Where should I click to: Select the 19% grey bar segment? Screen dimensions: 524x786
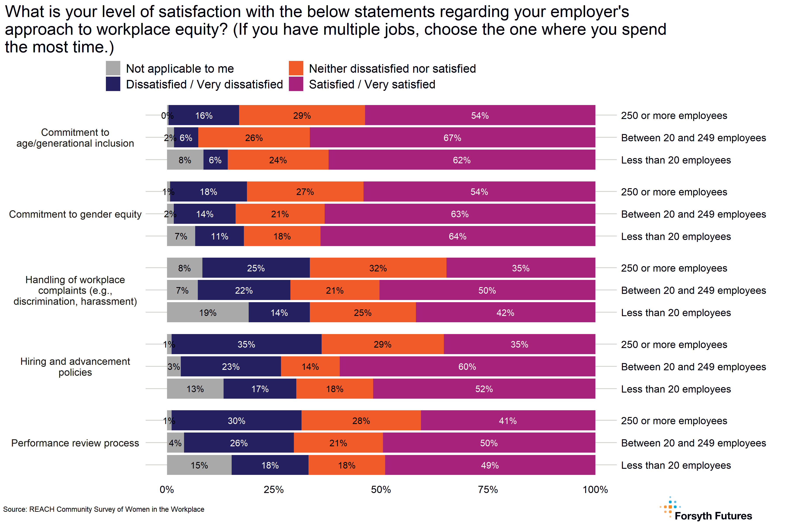click(208, 312)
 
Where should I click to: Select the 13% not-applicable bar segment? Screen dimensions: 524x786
click(195, 389)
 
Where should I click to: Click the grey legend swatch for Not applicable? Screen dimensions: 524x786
click(113, 68)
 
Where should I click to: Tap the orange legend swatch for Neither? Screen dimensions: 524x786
click(296, 68)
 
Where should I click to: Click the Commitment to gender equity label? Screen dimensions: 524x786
click(75, 214)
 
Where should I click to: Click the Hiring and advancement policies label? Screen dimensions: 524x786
click(75, 367)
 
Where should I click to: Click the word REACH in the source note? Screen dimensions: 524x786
click(42, 509)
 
